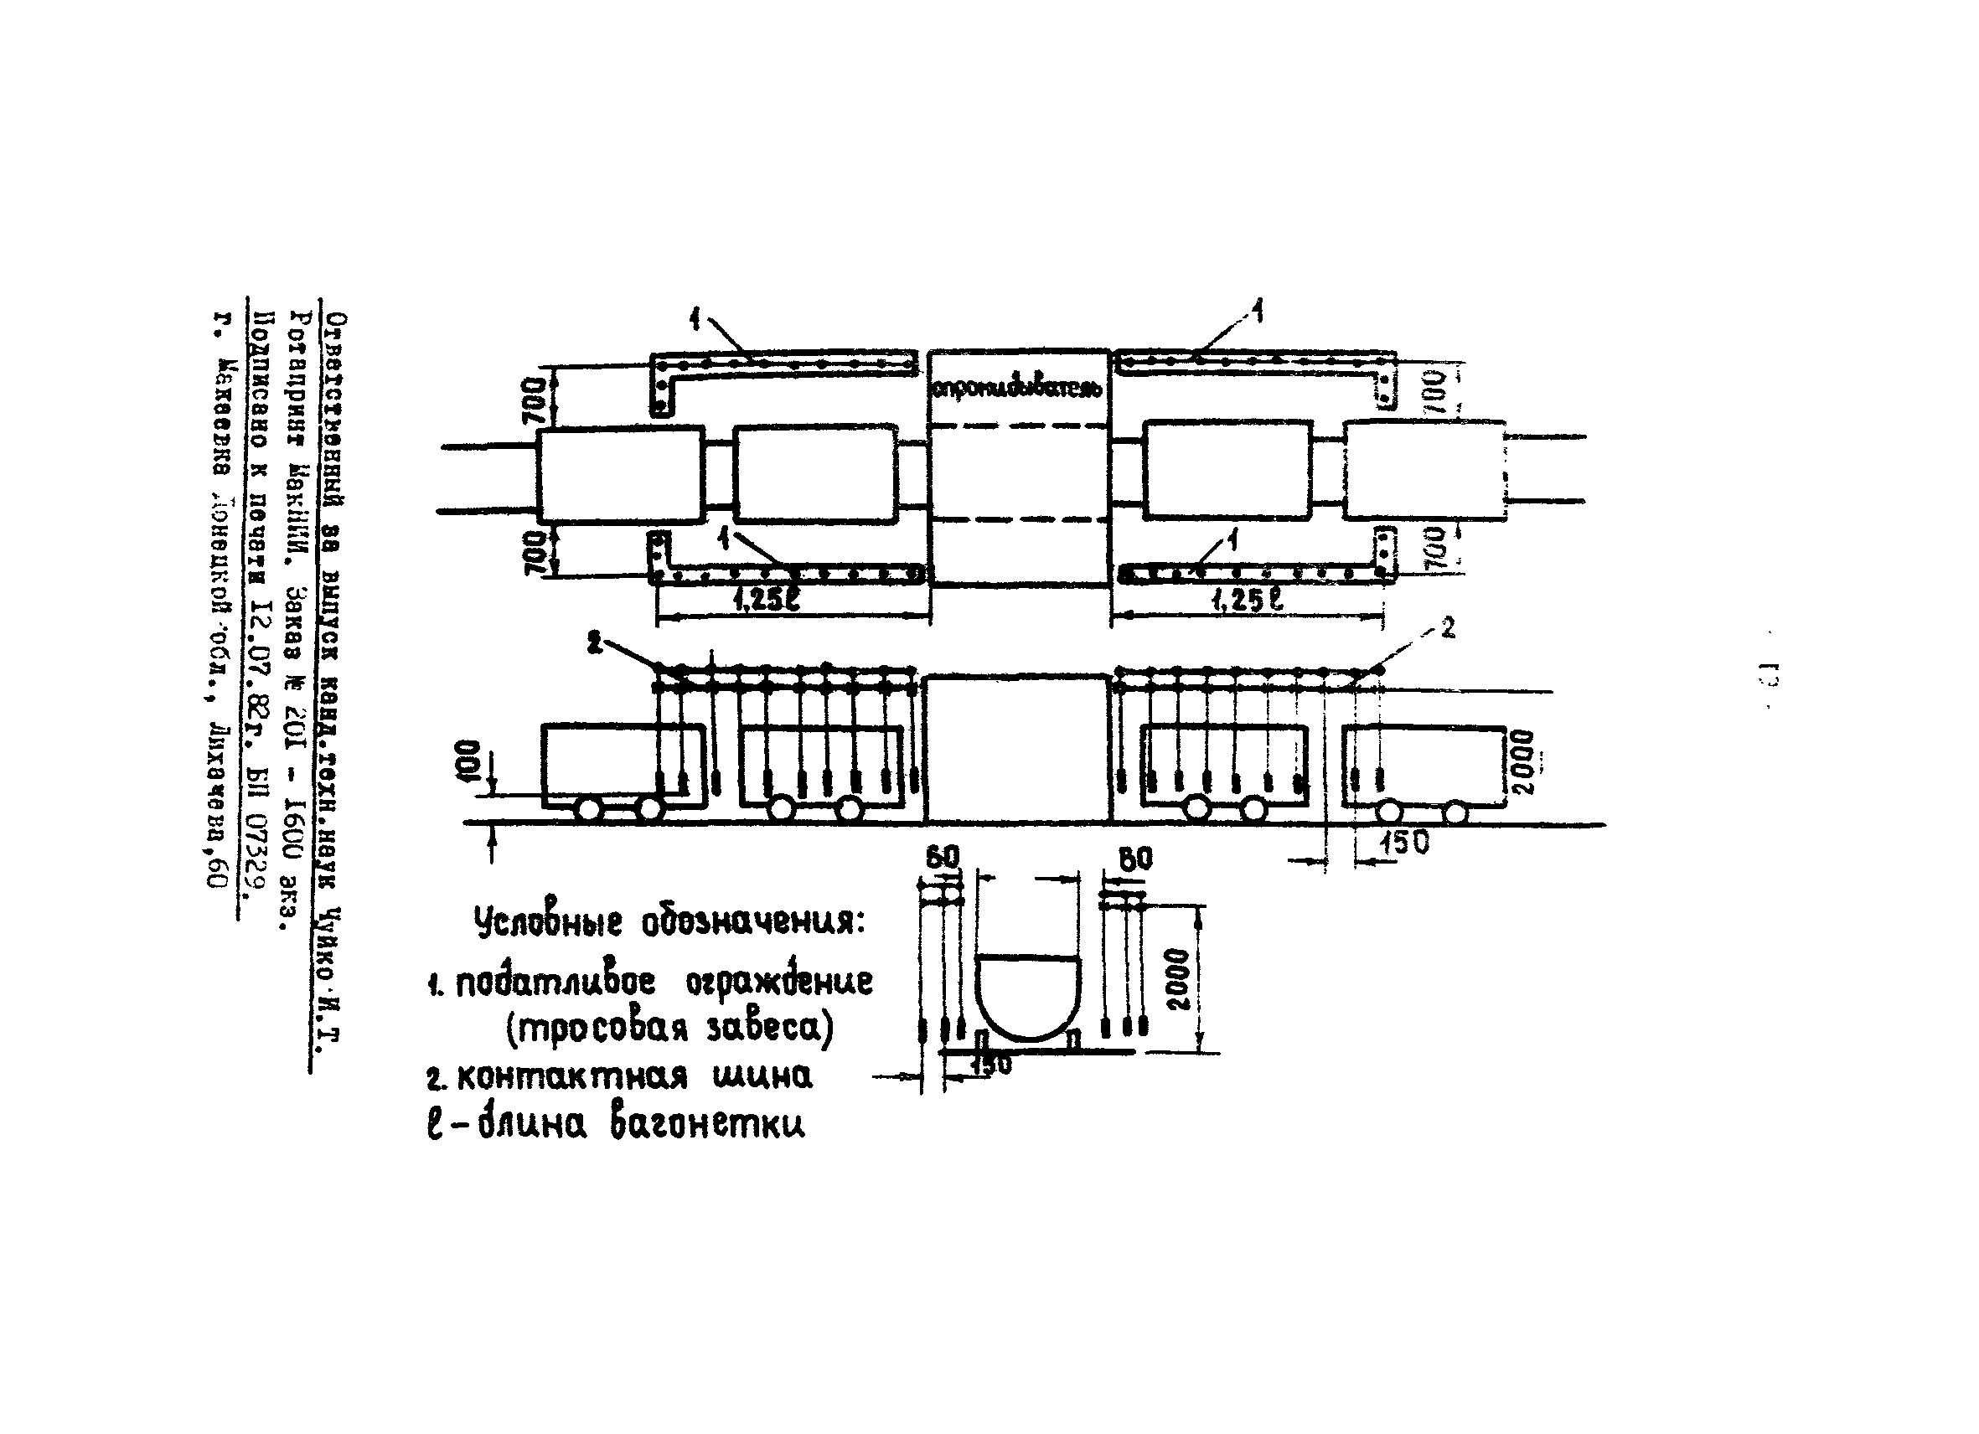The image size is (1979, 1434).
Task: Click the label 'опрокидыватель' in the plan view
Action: click(1017, 387)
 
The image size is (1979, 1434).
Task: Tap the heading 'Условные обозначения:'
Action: click(669, 921)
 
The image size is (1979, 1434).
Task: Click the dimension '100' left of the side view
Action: click(468, 763)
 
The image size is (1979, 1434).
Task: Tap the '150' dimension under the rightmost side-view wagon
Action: click(1404, 843)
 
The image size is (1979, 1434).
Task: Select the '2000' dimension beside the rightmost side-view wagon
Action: click(1522, 762)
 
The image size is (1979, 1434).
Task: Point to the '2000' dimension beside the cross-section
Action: click(1178, 978)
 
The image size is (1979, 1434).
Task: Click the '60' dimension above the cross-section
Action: click(943, 858)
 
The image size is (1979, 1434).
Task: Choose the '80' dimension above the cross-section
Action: click(1134, 859)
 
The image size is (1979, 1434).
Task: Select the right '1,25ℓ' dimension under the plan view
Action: click(1248, 600)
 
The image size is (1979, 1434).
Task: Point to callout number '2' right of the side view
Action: click(1448, 627)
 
